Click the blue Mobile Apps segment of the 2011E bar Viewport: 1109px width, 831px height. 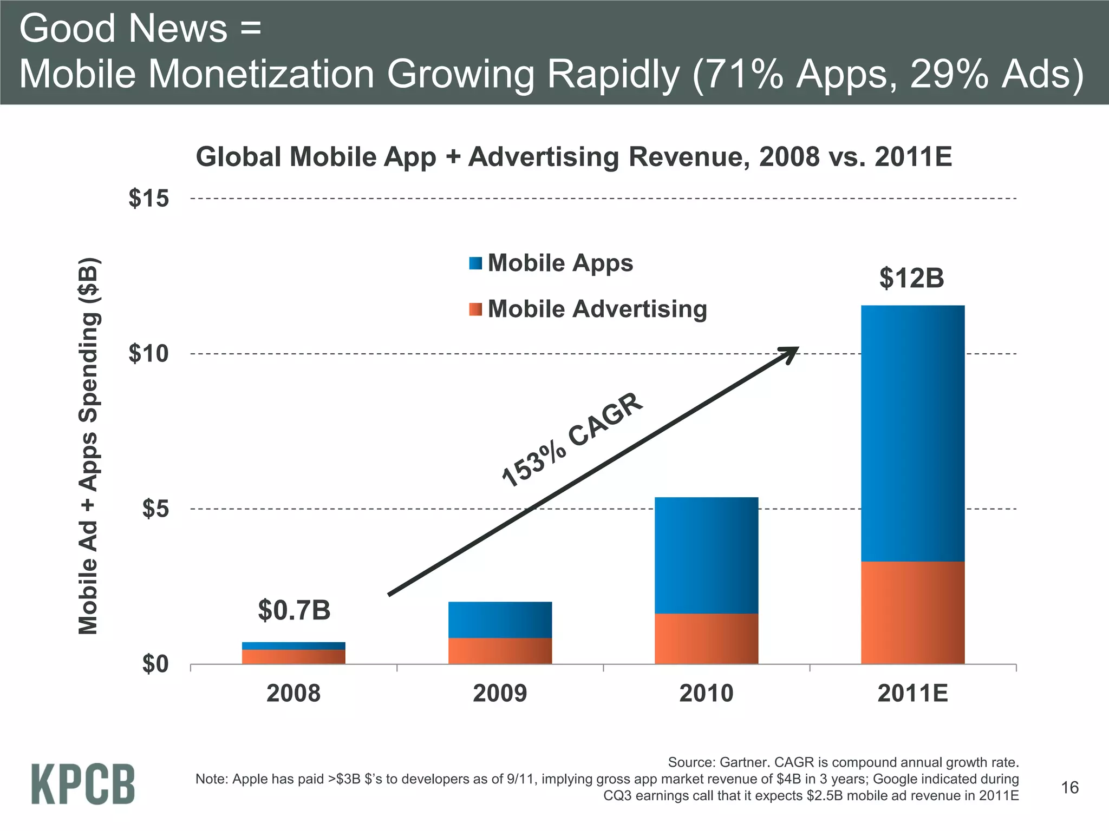pyautogui.click(x=912, y=433)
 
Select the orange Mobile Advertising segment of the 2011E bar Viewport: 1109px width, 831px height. pyautogui.click(x=912, y=612)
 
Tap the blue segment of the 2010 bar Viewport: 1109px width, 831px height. pyautogui.click(x=706, y=555)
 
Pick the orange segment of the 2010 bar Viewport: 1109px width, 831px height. pyautogui.click(x=706, y=638)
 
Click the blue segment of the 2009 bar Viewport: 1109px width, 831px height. pyautogui.click(x=500, y=619)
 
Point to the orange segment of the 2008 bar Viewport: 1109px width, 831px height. pyautogui.click(x=293, y=656)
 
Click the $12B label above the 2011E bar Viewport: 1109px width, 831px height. pyautogui.click(x=911, y=278)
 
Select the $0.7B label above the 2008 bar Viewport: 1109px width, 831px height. pyautogui.click(x=294, y=610)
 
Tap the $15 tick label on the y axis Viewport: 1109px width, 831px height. pyautogui.click(x=149, y=199)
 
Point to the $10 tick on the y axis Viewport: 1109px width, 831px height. pyautogui.click(x=149, y=354)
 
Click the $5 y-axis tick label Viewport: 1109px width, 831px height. pyautogui.click(x=155, y=509)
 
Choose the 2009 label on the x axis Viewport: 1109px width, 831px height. pyautogui.click(x=500, y=693)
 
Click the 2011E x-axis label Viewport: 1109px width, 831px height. pyautogui.click(x=912, y=693)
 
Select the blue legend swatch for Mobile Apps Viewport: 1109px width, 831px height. pyautogui.click(x=475, y=263)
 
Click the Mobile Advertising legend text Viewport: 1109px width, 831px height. pyautogui.click(x=597, y=309)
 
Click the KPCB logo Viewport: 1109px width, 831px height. pyautogui.click(x=83, y=784)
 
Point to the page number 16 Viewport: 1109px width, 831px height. pyautogui.click(x=1069, y=788)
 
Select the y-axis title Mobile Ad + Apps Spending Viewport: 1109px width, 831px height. pyautogui.click(x=88, y=446)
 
